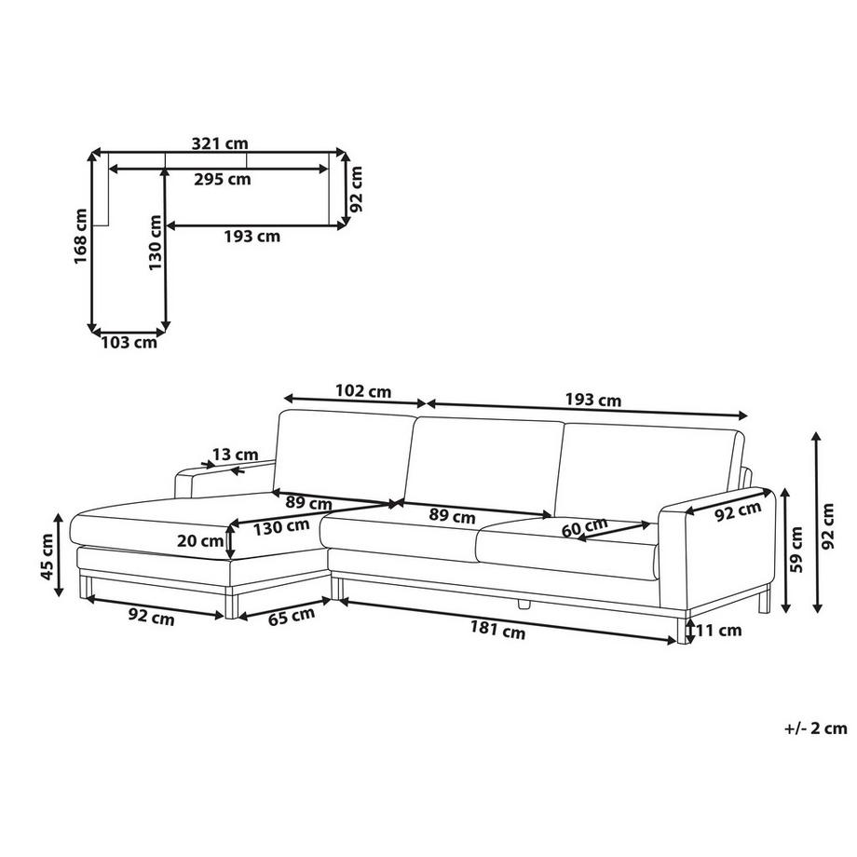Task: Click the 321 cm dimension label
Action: pos(220,143)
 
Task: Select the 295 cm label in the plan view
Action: pos(223,179)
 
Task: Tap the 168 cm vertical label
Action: pos(81,236)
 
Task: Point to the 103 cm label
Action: pos(129,343)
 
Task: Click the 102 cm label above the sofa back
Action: pos(363,391)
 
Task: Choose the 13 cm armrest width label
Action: pos(235,455)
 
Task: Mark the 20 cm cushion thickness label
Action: pos(200,541)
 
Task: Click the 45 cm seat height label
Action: pos(48,557)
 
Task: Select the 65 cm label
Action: pos(292,616)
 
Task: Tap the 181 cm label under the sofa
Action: pos(497,631)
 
